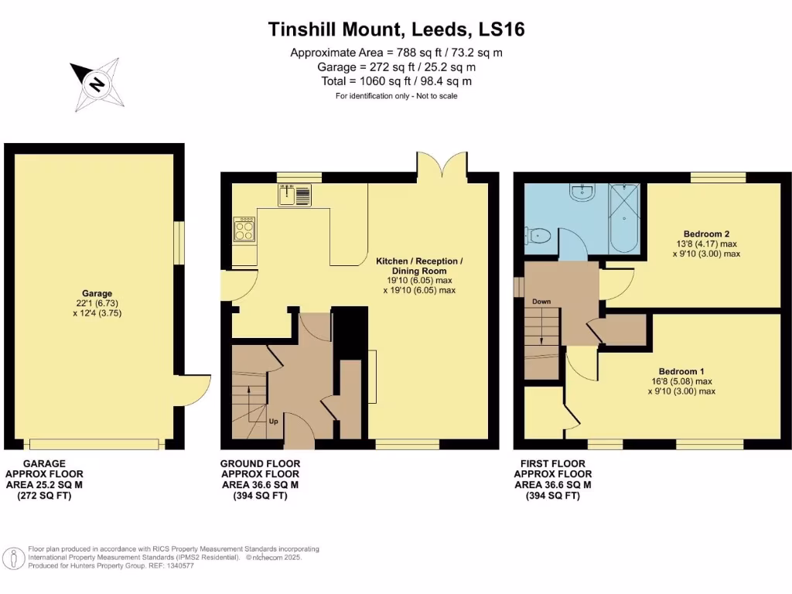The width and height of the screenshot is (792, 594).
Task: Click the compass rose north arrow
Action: [x=95, y=84]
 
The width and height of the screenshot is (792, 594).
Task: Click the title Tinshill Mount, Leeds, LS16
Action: [x=396, y=29]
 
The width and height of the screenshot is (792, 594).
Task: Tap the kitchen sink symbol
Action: [x=295, y=195]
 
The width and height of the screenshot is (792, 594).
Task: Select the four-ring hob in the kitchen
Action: [x=245, y=229]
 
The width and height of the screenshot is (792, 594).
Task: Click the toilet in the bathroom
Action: [x=538, y=235]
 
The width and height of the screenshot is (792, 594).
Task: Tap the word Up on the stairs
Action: [x=274, y=422]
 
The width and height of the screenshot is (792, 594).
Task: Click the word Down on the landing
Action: [x=541, y=301]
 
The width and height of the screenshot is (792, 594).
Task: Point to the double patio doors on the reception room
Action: [x=442, y=164]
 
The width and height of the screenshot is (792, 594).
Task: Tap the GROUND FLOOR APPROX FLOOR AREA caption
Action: [x=261, y=480]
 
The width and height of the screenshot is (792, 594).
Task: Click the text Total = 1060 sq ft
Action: [x=396, y=81]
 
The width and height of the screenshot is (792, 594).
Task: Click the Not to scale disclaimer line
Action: [x=396, y=96]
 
